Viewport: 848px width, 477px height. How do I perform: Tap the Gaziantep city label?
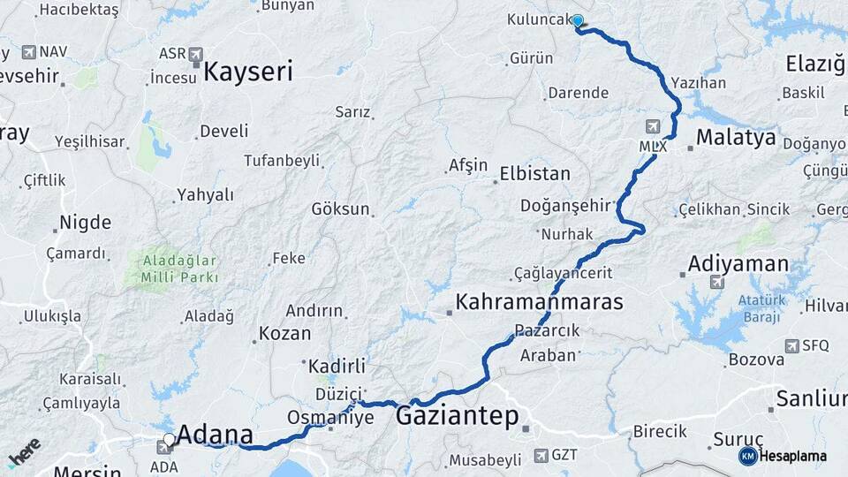tap(458, 415)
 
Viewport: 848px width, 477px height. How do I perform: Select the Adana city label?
tap(215, 435)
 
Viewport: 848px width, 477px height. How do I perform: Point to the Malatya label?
tap(736, 138)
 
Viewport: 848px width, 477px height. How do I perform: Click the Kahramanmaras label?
tap(539, 302)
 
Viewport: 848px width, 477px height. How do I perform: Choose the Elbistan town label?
tap(534, 173)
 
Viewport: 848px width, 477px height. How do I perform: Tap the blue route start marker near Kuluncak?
tap(578, 21)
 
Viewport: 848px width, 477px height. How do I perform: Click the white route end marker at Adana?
tap(169, 439)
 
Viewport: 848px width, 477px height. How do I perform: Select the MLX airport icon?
tap(653, 127)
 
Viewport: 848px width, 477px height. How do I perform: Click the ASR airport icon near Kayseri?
tap(195, 54)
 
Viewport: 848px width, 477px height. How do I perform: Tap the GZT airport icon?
tap(541, 456)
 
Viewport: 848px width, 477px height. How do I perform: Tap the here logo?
tap(25, 452)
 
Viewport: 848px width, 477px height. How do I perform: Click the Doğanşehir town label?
tap(566, 206)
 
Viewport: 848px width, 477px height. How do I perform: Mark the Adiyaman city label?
tap(738, 264)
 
